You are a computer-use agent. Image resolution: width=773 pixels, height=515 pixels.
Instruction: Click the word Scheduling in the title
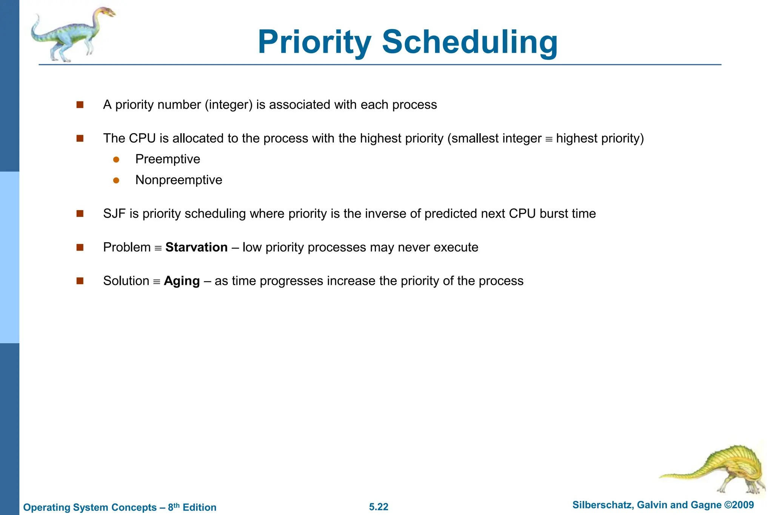(x=470, y=42)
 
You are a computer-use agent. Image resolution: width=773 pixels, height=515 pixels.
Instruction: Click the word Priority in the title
(x=315, y=42)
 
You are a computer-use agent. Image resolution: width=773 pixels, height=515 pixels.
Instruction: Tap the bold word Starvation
(x=196, y=248)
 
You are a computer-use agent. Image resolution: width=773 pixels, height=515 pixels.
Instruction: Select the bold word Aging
(x=182, y=281)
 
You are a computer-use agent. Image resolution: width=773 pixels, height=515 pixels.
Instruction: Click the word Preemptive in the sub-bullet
(x=168, y=159)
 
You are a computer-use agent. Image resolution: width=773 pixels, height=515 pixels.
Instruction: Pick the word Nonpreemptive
(x=179, y=180)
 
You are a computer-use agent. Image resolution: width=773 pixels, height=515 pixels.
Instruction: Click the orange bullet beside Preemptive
(x=116, y=160)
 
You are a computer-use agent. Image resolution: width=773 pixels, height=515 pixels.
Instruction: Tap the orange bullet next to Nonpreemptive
(x=116, y=181)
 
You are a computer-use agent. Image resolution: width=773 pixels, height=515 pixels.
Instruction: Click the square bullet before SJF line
(x=80, y=214)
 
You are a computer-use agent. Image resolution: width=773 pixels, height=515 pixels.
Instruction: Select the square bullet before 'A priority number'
(x=80, y=105)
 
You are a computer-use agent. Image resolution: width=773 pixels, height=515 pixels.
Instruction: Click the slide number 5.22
(x=379, y=507)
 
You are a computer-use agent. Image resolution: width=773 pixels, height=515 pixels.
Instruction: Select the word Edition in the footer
(x=199, y=507)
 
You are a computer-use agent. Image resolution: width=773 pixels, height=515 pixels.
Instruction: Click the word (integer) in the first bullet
(x=229, y=105)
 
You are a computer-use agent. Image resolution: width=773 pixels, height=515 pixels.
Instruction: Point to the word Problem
(x=127, y=248)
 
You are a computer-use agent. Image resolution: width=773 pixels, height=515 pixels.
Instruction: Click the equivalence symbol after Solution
(x=157, y=282)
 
